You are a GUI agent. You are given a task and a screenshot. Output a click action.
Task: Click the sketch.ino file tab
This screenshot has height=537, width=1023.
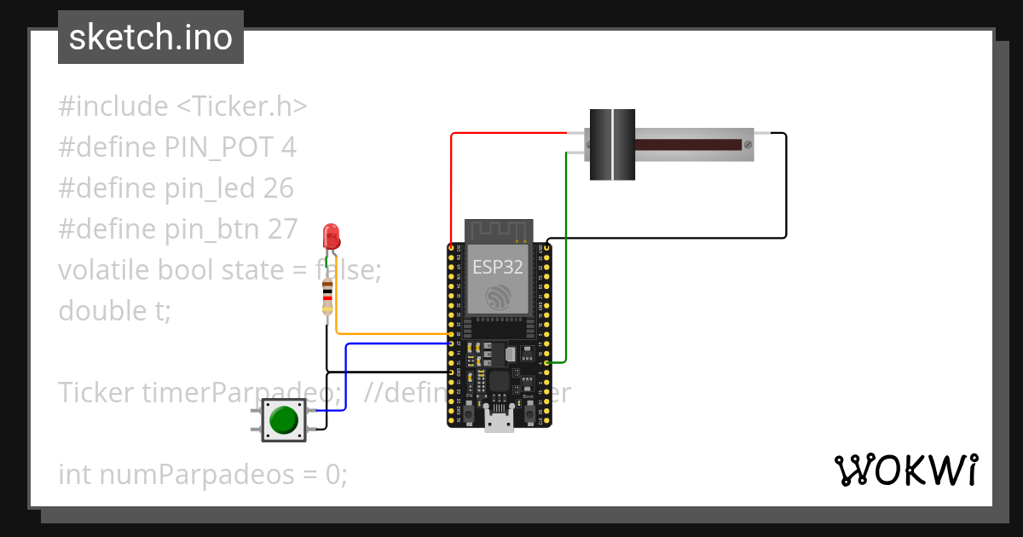click(151, 38)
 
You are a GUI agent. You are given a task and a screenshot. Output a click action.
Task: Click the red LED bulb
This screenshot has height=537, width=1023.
click(332, 235)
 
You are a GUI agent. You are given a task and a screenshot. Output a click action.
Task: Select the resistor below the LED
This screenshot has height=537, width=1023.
click(327, 298)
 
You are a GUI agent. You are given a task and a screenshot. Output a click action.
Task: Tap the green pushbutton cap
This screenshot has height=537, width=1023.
click(283, 420)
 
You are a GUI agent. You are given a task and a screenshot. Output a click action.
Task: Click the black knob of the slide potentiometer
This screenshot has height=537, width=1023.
click(612, 144)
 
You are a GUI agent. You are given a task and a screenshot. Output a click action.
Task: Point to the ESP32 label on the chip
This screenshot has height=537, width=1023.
click(499, 266)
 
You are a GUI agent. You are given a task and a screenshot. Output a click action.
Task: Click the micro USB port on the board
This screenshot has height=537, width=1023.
click(499, 419)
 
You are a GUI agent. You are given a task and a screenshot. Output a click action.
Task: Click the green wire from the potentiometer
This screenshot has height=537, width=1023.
click(566, 256)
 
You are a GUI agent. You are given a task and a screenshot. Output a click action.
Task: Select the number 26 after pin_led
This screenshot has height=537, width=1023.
click(278, 188)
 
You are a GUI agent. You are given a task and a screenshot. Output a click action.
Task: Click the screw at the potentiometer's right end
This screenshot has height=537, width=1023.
click(748, 145)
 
